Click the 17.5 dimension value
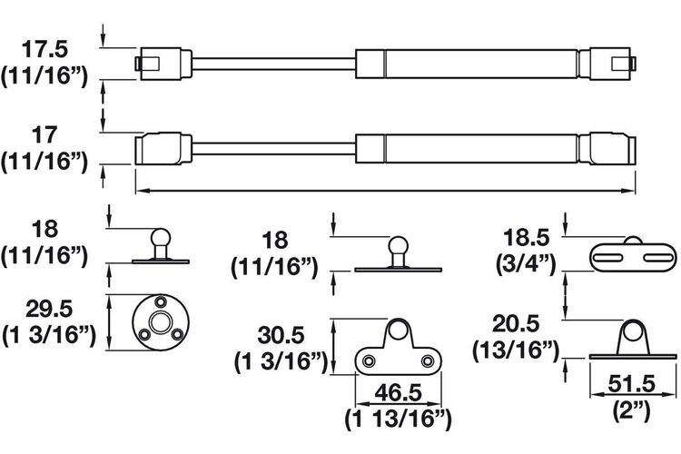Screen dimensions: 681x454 (44, 49)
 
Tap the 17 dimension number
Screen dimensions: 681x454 (44, 135)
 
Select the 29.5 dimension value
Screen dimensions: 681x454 (49, 310)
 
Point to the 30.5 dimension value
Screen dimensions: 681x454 (281, 335)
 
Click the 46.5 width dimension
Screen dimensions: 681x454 (399, 393)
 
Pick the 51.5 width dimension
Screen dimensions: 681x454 (631, 384)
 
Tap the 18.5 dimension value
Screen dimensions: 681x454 (526, 238)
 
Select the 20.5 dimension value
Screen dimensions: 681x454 (516, 323)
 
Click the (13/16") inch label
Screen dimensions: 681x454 (516, 350)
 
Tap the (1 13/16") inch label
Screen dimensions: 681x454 (399, 419)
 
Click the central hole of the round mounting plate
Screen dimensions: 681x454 (160, 322)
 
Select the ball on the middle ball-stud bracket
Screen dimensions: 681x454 (398, 245)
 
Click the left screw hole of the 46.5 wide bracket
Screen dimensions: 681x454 (370, 360)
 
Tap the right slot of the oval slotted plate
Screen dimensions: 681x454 (657, 258)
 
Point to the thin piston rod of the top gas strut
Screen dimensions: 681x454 (273, 64)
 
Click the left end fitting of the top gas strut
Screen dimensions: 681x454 (163, 64)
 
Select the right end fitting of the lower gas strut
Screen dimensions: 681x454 (607, 149)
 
